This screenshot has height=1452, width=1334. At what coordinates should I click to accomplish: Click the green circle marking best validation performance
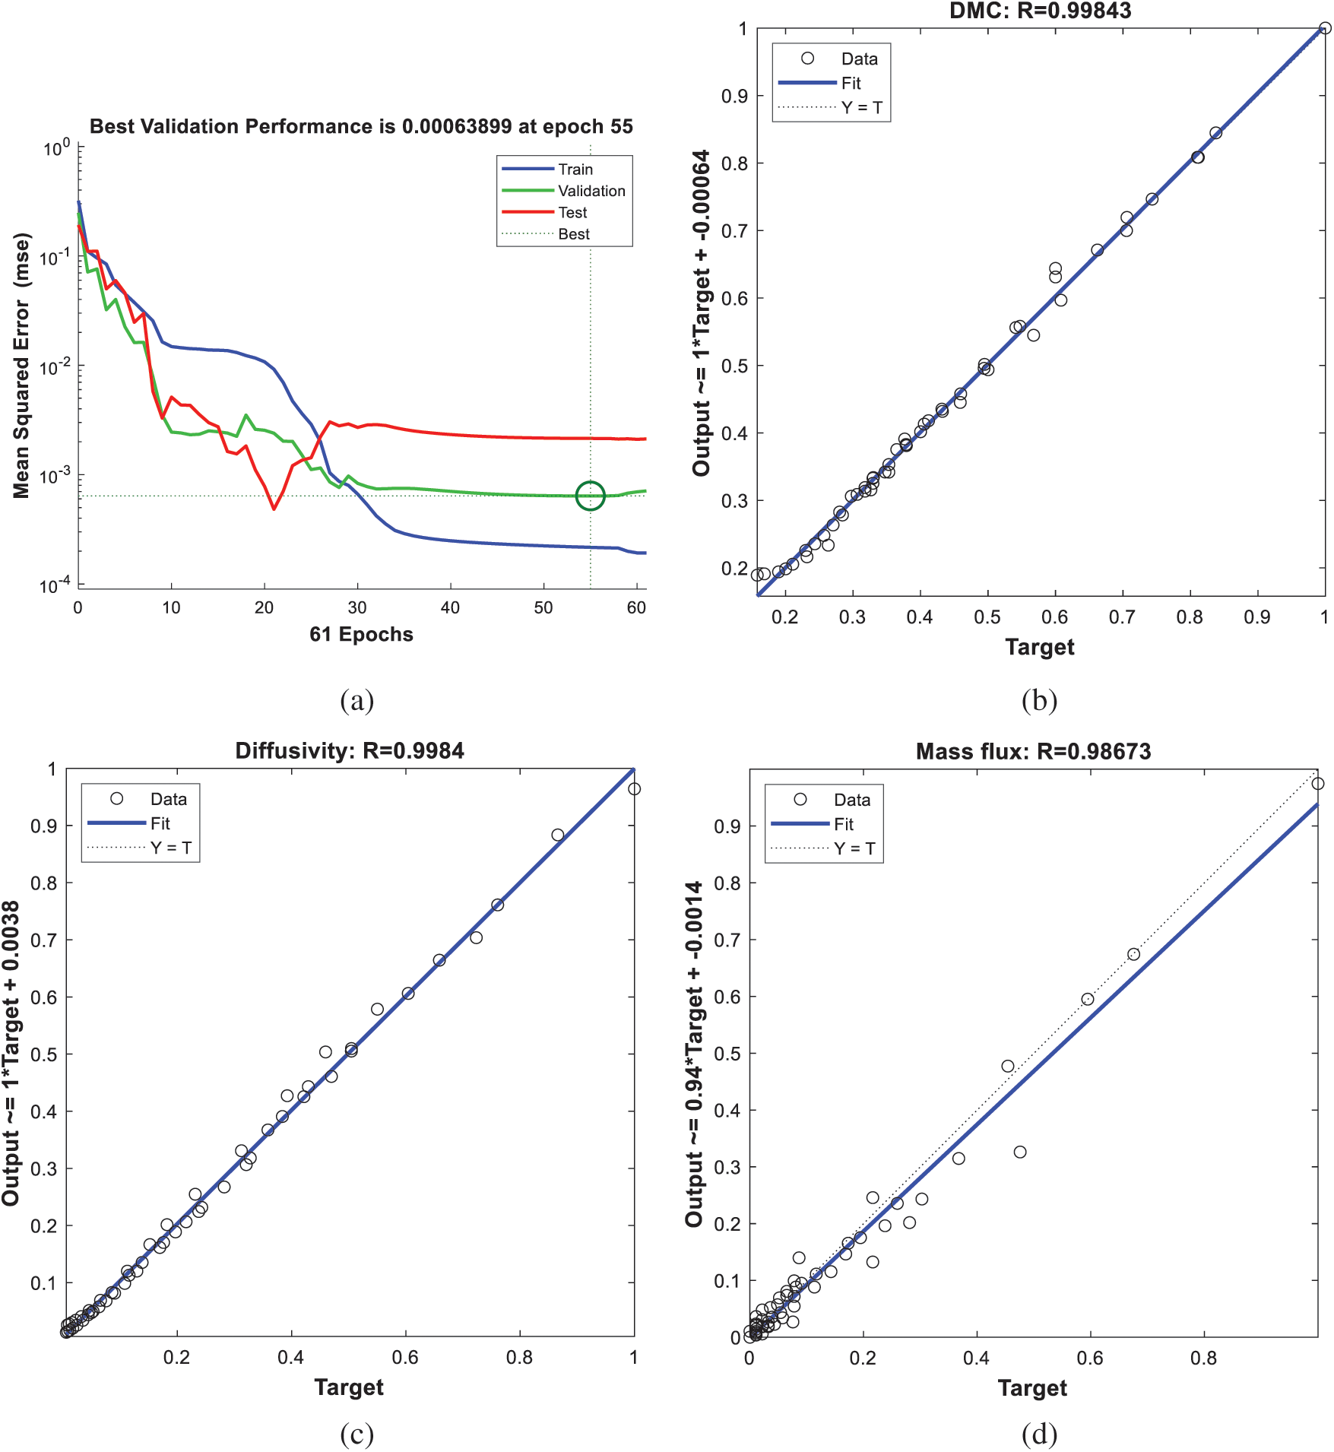pyautogui.click(x=590, y=496)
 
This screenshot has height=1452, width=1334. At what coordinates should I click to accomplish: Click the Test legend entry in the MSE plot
pyautogui.click(x=572, y=213)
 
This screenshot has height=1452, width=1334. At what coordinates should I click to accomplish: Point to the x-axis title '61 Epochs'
pyautogui.click(x=361, y=635)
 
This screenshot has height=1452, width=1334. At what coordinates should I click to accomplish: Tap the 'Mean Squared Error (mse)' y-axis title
pyautogui.click(x=21, y=366)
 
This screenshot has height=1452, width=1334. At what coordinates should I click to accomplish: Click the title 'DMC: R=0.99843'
pyautogui.click(x=1040, y=11)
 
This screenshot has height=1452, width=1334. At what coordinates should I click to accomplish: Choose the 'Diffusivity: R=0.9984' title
pyautogui.click(x=350, y=751)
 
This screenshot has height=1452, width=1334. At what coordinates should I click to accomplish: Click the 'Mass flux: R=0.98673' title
pyautogui.click(x=1033, y=752)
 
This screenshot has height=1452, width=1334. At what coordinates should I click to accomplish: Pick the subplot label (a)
pyautogui.click(x=357, y=700)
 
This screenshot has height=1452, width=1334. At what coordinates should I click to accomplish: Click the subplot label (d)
pyautogui.click(x=1039, y=1434)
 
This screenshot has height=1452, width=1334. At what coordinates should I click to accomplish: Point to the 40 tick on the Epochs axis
pyautogui.click(x=450, y=608)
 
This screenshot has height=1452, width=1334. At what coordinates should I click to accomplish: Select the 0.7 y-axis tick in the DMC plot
pyautogui.click(x=734, y=231)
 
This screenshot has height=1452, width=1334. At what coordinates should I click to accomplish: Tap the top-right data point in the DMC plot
pyautogui.click(x=1325, y=29)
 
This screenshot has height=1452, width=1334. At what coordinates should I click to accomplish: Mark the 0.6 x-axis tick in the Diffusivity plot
pyautogui.click(x=405, y=1357)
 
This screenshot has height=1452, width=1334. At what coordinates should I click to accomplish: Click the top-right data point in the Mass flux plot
pyautogui.click(x=1318, y=784)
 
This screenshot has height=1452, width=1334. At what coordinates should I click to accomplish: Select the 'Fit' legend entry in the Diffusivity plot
pyautogui.click(x=160, y=823)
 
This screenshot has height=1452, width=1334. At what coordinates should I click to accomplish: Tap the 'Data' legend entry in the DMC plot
pyautogui.click(x=859, y=59)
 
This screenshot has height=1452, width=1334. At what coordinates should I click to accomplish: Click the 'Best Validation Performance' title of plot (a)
pyautogui.click(x=361, y=126)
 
